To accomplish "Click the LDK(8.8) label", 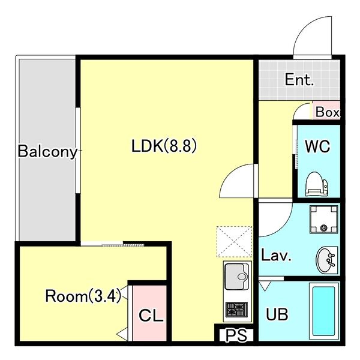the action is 164,146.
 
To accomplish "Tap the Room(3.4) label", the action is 83,296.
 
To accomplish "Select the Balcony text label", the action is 47,152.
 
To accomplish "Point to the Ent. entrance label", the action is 299,80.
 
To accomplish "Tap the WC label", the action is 317,146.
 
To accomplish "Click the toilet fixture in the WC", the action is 317,184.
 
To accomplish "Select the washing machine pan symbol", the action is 324,220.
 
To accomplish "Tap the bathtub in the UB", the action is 324,311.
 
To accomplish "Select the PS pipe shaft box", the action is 236,335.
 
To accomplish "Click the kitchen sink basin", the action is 237,277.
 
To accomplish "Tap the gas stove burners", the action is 237,310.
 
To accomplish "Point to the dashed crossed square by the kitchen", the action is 235,242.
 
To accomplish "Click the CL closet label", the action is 151,316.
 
